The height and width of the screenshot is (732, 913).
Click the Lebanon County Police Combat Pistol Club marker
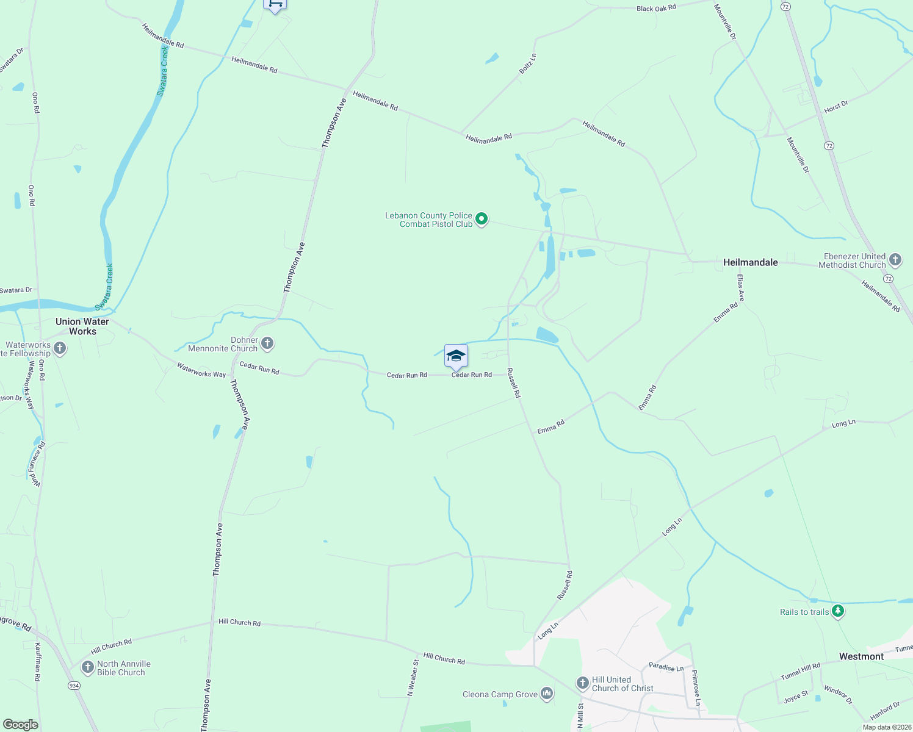pyautogui.click(x=482, y=219)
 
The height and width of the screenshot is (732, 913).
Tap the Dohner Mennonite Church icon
pyautogui.click(x=267, y=344)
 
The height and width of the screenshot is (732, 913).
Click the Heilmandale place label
pyautogui.click(x=750, y=262)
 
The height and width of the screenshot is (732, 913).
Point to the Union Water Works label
pyautogui.click(x=82, y=326)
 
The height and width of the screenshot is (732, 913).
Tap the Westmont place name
pyautogui.click(x=861, y=656)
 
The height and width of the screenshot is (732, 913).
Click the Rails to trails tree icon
pyautogui.click(x=838, y=611)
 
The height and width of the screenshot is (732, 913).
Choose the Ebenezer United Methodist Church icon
pyautogui.click(x=895, y=260)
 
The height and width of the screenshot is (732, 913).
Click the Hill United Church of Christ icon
pyautogui.click(x=582, y=683)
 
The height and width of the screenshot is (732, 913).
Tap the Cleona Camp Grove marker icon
pyautogui.click(x=547, y=694)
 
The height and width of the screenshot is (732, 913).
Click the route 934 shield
pyautogui.click(x=74, y=685)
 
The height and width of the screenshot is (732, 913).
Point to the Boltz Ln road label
pyautogui.click(x=527, y=64)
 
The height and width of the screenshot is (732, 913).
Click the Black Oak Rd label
pyautogui.click(x=656, y=9)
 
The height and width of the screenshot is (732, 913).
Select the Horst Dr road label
pyautogui.click(x=835, y=107)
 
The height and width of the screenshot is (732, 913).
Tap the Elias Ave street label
pyautogui.click(x=740, y=289)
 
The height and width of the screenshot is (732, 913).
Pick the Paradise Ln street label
pyautogui.click(x=666, y=667)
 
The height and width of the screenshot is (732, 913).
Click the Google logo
pyautogui.click(x=21, y=724)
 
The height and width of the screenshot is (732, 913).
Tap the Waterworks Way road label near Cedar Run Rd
pyautogui.click(x=201, y=370)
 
